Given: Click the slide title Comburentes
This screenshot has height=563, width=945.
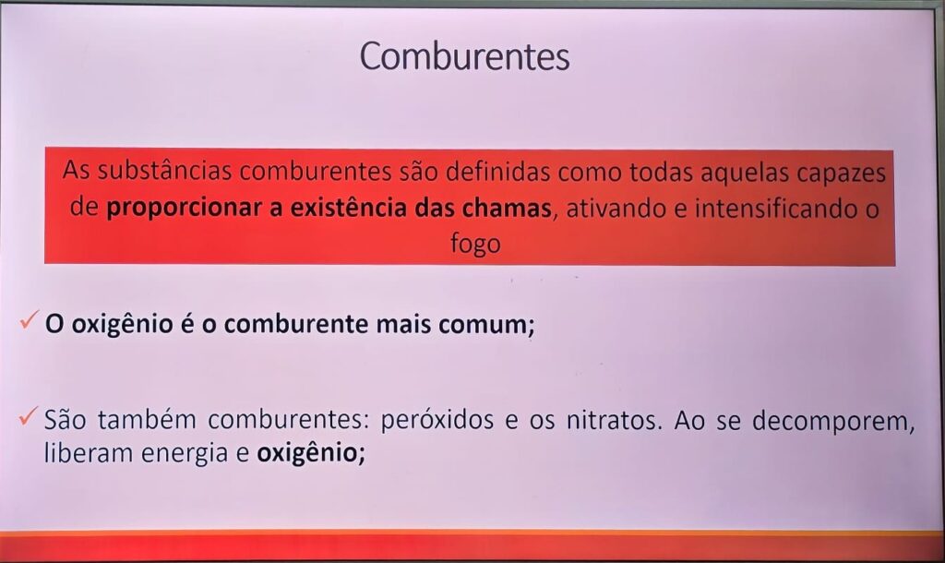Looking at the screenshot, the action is pyautogui.click(x=464, y=56).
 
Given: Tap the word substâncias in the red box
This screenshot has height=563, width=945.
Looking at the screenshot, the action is pyautogui.click(x=164, y=171).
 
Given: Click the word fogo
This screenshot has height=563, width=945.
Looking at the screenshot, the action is pyautogui.click(x=475, y=245).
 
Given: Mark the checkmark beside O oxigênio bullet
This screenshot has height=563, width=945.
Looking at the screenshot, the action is pyautogui.click(x=29, y=319).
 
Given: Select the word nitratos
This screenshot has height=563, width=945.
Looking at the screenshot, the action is pyautogui.click(x=614, y=420).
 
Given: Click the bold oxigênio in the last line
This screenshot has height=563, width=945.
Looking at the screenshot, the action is pyautogui.click(x=311, y=452).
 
